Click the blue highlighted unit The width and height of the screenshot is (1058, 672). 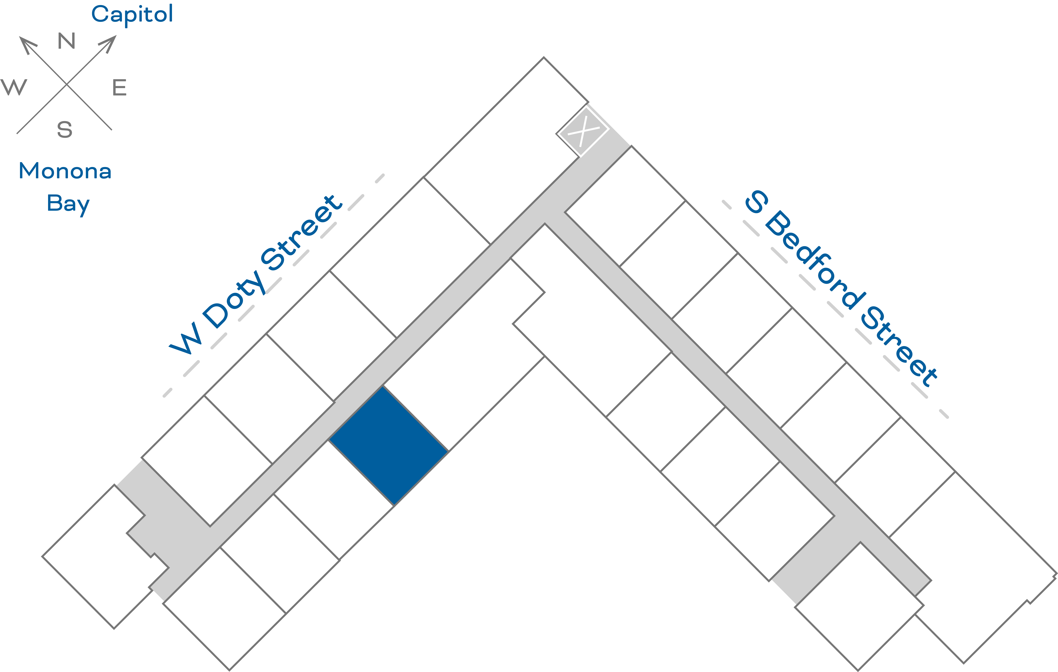[x=388, y=446]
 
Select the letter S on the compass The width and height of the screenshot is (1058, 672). [x=65, y=130]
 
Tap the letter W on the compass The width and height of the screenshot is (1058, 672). [x=14, y=87]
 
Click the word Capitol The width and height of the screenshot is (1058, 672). [x=132, y=15]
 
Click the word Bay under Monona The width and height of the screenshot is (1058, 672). [x=68, y=204]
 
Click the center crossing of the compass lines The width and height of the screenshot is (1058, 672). [x=66, y=84]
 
